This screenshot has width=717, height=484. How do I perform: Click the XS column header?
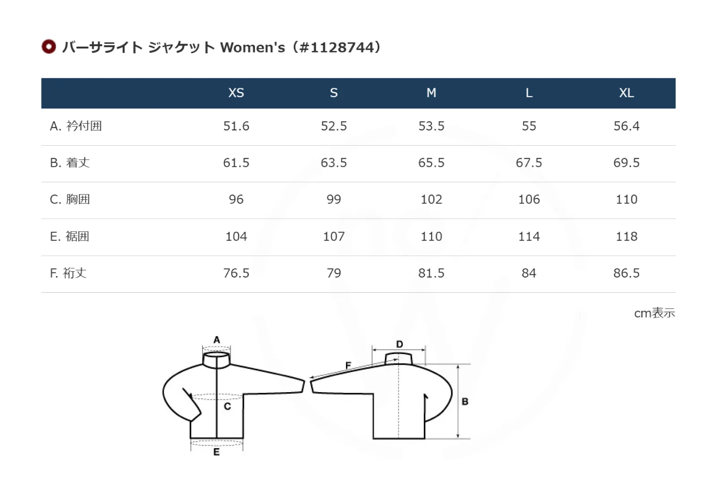(236, 93)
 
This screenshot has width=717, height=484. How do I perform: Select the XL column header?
(626, 93)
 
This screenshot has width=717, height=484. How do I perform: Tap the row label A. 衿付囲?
(76, 126)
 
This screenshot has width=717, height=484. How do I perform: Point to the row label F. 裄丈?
(68, 273)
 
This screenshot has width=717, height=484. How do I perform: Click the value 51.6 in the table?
(236, 126)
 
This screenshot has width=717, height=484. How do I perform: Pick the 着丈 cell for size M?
(431, 163)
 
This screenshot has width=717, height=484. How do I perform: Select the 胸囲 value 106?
(529, 199)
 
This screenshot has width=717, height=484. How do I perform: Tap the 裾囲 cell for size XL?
(626, 237)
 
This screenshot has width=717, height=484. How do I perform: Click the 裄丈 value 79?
(333, 273)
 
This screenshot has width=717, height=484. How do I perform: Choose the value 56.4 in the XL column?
(626, 126)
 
